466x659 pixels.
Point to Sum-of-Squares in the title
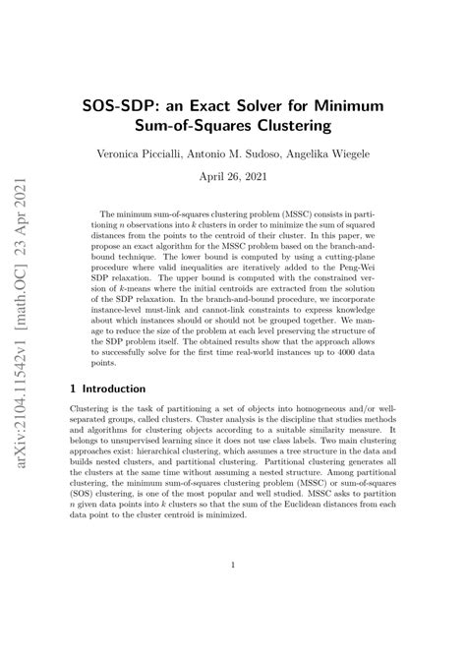coord(196,126)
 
